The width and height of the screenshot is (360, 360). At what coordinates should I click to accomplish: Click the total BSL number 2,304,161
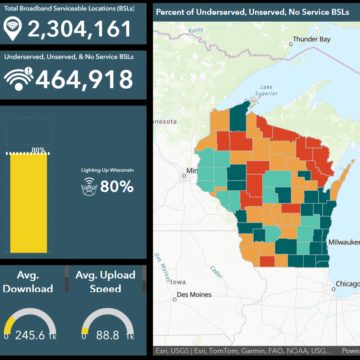[x=80, y=29]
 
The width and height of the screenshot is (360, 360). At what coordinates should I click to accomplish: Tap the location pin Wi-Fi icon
[x=13, y=28]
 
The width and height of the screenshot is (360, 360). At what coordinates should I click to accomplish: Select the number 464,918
[x=84, y=79]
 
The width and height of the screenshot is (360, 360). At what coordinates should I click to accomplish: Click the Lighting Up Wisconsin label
[x=107, y=170]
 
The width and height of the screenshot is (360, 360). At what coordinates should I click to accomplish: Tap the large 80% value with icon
[x=117, y=187]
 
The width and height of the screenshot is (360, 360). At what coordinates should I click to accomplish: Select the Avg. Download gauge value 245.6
[x=30, y=335]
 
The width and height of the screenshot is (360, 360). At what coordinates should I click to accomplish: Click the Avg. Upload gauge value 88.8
[x=108, y=335]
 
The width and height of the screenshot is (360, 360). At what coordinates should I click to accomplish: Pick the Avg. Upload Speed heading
[x=105, y=282]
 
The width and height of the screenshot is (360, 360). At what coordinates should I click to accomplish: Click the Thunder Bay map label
[x=312, y=39]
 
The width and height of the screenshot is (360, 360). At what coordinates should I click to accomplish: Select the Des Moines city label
[x=194, y=294]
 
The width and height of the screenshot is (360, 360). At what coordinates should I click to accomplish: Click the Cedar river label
[x=216, y=272]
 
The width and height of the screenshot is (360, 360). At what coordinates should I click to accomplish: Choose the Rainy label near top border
[x=196, y=30]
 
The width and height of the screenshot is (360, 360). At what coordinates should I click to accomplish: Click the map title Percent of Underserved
[x=252, y=12]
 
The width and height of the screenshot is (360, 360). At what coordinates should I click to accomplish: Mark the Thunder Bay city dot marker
[x=291, y=44]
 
